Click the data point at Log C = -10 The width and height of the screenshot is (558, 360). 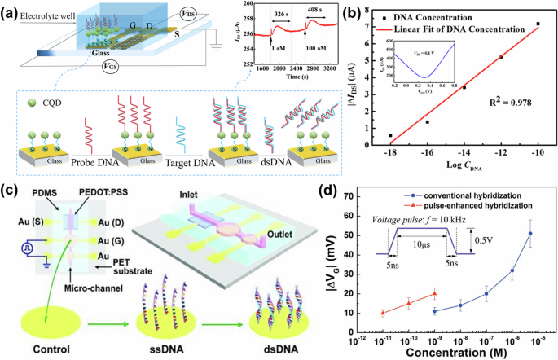538,24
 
